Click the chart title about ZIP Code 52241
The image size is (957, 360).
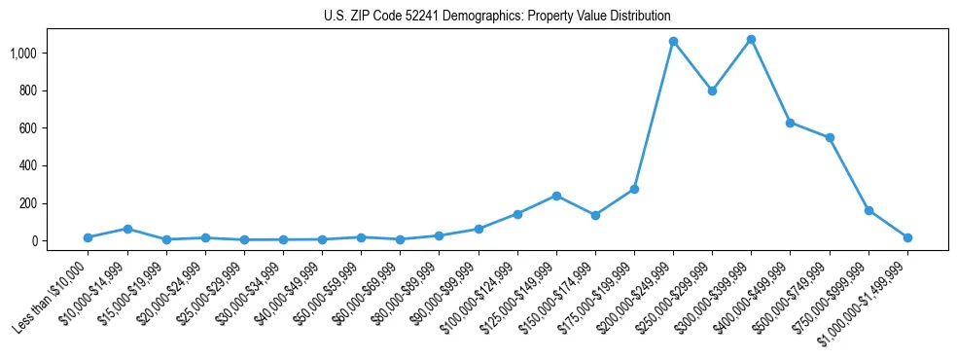tap(497, 17)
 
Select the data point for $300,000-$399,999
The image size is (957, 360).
tap(751, 40)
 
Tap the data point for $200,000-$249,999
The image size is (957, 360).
tap(673, 42)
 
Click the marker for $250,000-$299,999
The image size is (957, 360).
tap(712, 90)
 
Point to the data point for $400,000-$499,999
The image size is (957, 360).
tap(790, 123)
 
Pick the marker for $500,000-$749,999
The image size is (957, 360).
tap(829, 138)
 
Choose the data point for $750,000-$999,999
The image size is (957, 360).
tap(868, 210)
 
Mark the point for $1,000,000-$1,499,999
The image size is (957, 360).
tap(907, 237)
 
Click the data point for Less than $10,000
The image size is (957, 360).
tap(88, 237)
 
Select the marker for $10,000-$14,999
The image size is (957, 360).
tap(126, 229)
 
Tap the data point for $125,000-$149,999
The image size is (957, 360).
tap(556, 196)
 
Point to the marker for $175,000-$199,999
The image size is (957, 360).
tap(634, 189)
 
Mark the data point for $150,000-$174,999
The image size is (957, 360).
tap(595, 215)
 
